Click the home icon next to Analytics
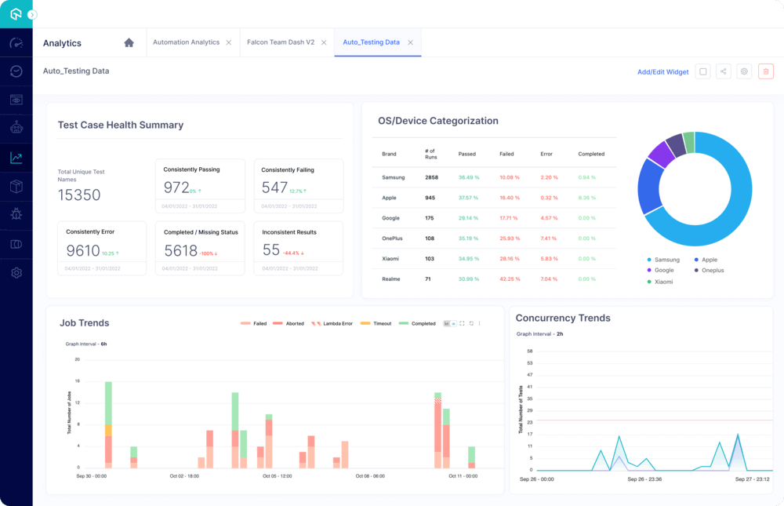(x=129, y=42)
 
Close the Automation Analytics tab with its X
(x=229, y=42)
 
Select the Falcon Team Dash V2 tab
(x=281, y=42)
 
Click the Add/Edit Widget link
(x=662, y=72)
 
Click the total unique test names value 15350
(x=79, y=195)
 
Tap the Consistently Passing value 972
(x=176, y=187)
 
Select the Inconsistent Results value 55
(x=271, y=249)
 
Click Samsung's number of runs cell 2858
(x=431, y=177)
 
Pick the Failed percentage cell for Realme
(x=510, y=279)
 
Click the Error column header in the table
(x=546, y=154)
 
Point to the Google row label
(x=390, y=218)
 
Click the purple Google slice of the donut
(x=661, y=154)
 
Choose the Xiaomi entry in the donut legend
(x=663, y=281)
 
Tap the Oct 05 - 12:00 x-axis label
(x=278, y=475)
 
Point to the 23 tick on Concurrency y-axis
(x=530, y=423)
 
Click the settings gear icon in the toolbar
(x=745, y=71)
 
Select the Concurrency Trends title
(x=563, y=318)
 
